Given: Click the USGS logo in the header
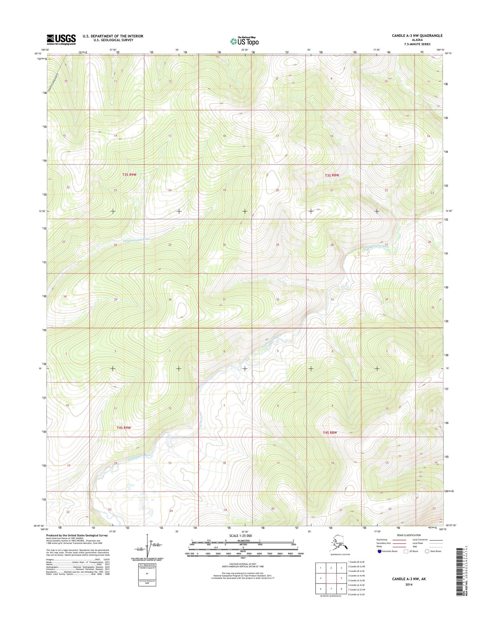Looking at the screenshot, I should (x=61, y=39).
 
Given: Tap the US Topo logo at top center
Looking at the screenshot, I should (x=244, y=41).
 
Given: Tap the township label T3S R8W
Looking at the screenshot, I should (x=332, y=176).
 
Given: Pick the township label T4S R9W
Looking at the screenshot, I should (x=124, y=427).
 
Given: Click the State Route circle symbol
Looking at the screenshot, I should (x=427, y=551).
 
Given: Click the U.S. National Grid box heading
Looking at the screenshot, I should (x=147, y=565).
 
